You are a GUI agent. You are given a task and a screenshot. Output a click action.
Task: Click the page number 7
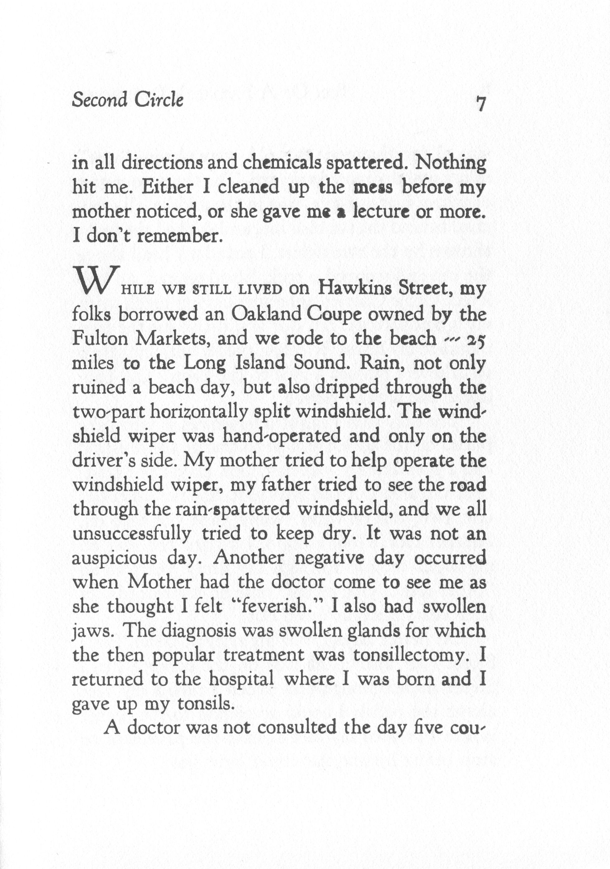480,104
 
